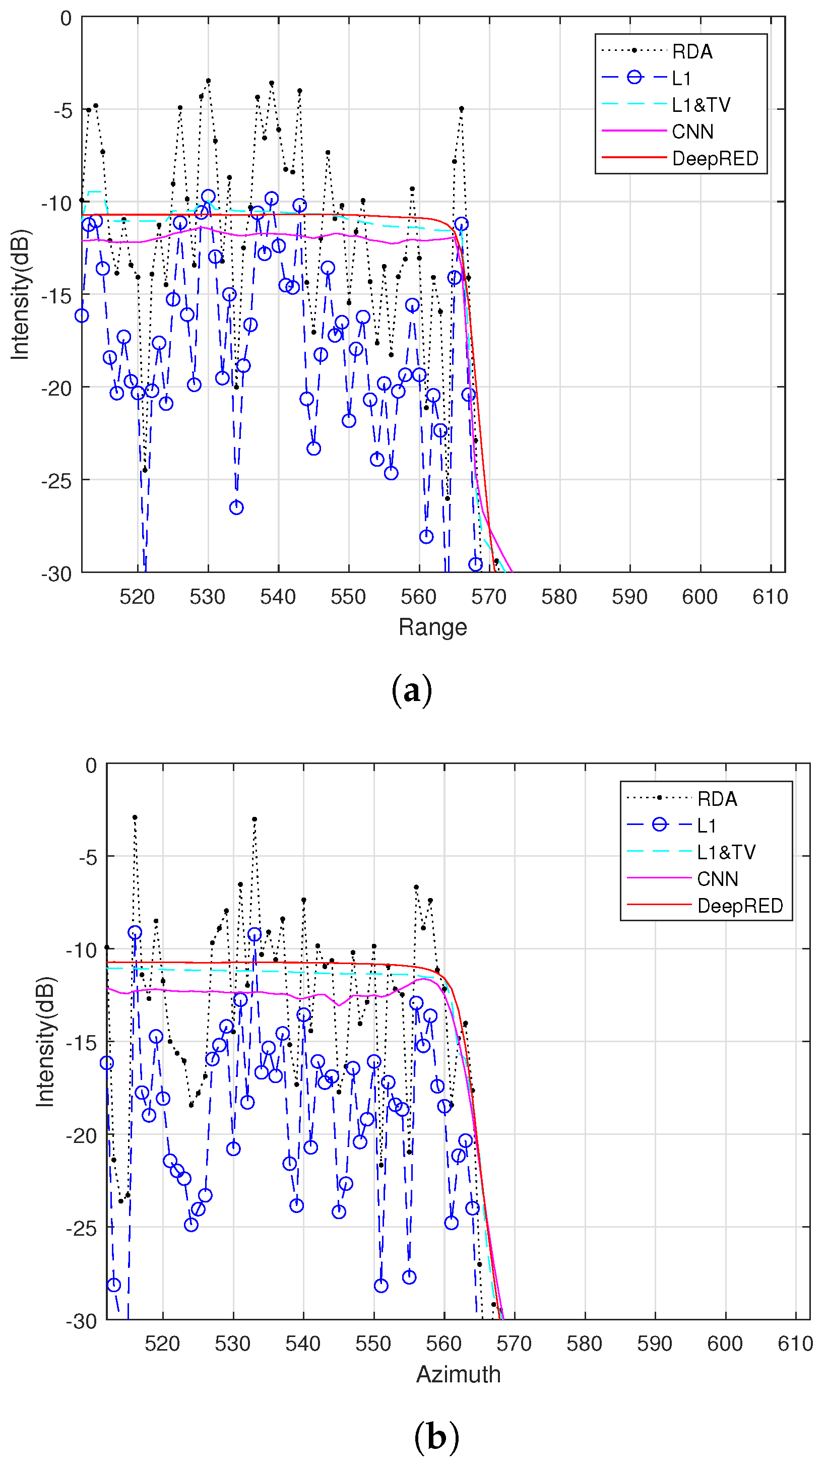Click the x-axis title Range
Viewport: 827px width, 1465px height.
(432, 627)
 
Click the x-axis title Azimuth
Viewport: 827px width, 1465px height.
(458, 1374)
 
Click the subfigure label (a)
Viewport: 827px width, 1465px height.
(412, 691)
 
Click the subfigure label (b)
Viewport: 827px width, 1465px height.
(436, 1438)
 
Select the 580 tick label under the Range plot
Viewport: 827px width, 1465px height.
(559, 597)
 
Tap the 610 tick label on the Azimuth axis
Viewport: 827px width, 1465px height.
(795, 1344)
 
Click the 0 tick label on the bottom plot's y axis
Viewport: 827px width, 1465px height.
(91, 766)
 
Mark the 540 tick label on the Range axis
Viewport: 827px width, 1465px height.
(278, 597)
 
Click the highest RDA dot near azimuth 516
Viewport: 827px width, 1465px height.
(135, 817)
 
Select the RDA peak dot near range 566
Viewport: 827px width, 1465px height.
(461, 109)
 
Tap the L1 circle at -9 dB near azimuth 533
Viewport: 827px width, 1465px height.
(254, 934)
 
